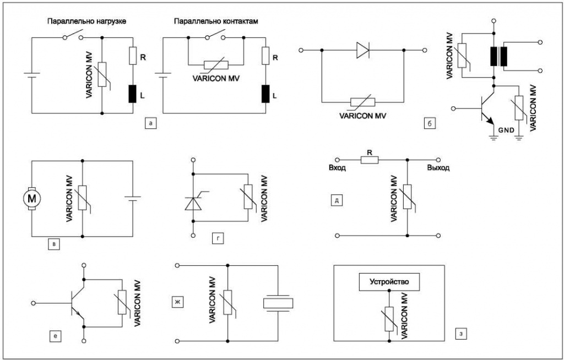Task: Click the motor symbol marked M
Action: click(31, 198)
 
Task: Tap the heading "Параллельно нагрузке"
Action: click(86, 21)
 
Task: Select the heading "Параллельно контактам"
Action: click(216, 21)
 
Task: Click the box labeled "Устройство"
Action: click(389, 282)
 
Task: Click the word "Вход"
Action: click(338, 168)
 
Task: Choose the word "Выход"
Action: click(438, 168)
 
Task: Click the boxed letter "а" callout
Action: click(150, 123)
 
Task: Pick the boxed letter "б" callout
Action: click(430, 123)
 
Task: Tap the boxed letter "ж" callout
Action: click(177, 302)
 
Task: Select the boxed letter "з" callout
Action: click(461, 333)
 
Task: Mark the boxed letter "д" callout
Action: click(337, 200)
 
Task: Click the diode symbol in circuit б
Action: click(363, 50)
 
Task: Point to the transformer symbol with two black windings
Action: click(498, 57)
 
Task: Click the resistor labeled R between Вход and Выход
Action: click(370, 160)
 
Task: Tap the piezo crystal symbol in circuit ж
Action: click(278, 303)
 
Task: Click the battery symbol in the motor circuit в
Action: click(132, 198)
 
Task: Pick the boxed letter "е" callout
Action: click(55, 336)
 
